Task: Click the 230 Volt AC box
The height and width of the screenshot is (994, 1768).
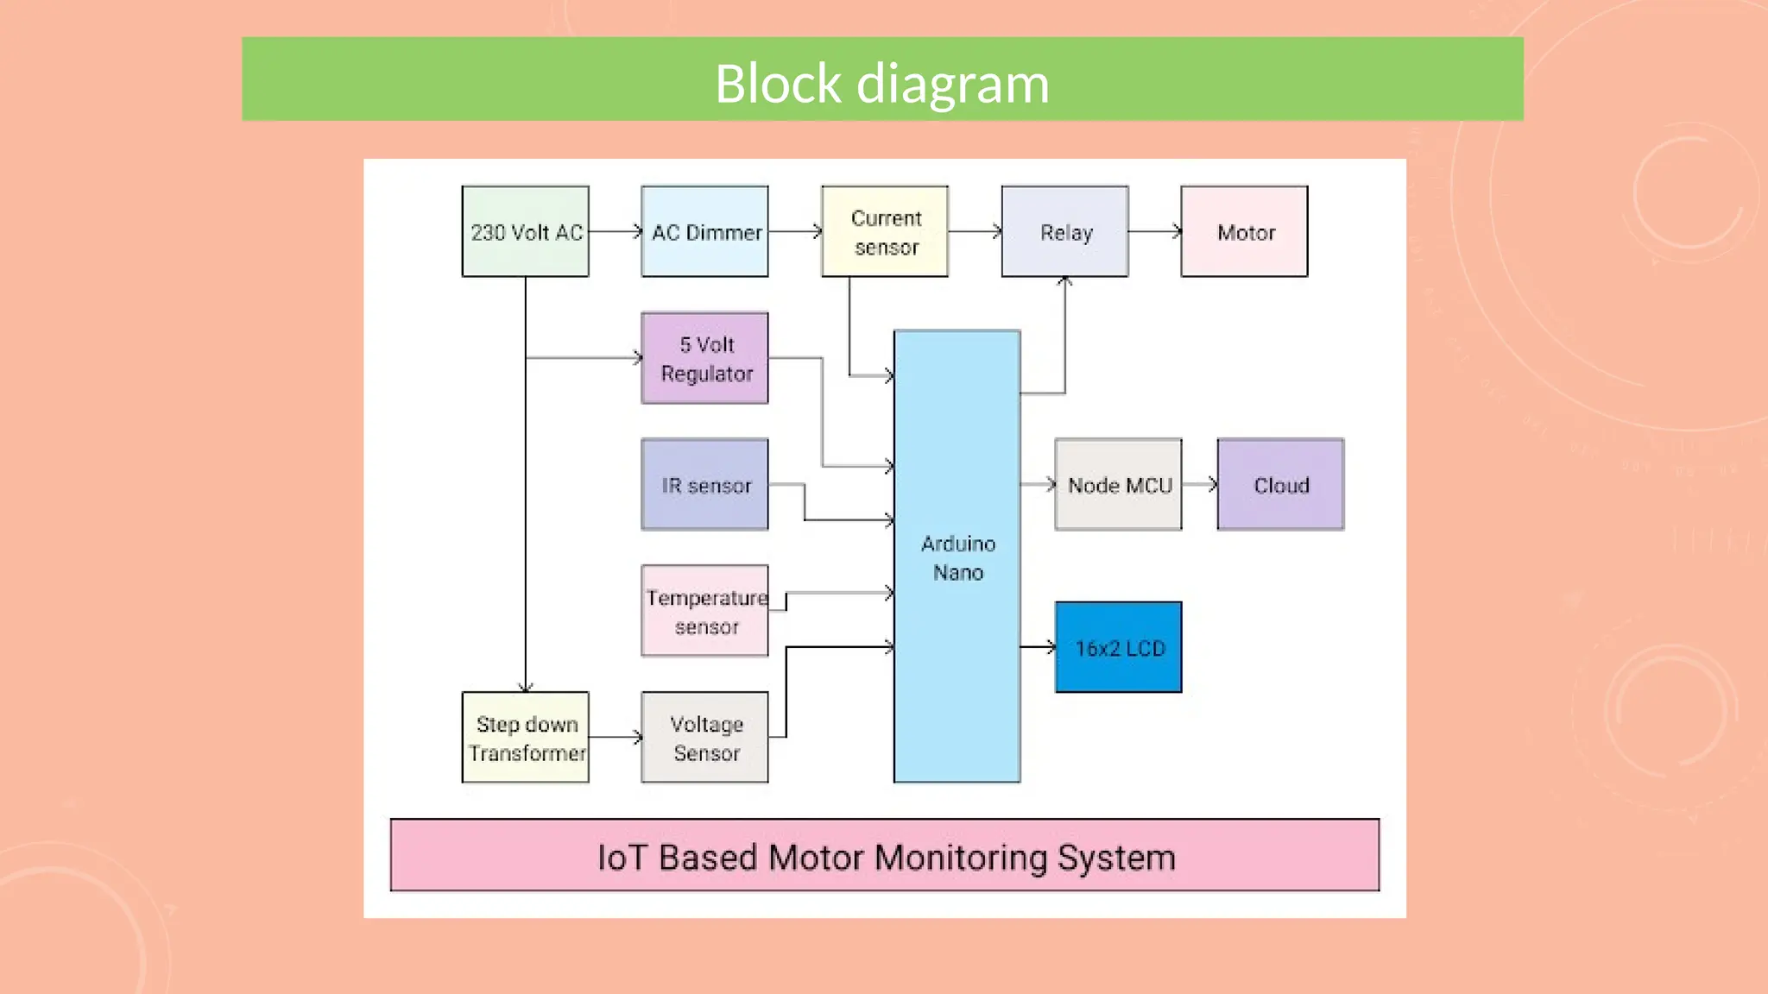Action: pyautogui.click(x=525, y=231)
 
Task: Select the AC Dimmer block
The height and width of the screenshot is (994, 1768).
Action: pyautogui.click(x=704, y=231)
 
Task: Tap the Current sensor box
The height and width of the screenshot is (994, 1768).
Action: pyautogui.click(x=885, y=231)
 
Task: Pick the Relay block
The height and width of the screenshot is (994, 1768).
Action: pyautogui.click(x=1064, y=231)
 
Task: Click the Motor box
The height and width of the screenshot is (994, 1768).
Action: pyautogui.click(x=1244, y=231)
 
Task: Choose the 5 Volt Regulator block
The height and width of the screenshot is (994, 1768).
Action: pyautogui.click(x=704, y=358)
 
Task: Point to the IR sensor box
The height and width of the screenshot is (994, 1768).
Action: pyautogui.click(x=704, y=484)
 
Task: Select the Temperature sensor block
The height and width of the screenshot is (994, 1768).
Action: pyautogui.click(x=704, y=611)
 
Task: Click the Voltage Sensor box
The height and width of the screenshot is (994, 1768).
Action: pyautogui.click(x=704, y=738)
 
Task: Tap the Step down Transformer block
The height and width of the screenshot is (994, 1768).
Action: pyautogui.click(x=525, y=738)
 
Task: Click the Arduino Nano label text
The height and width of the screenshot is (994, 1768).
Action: pyautogui.click(x=957, y=557)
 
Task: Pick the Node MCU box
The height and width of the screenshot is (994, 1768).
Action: pyautogui.click(x=1118, y=484)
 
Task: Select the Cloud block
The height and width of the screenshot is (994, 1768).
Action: pyautogui.click(x=1280, y=484)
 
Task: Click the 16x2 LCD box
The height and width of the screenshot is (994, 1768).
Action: pyautogui.click(x=1118, y=647)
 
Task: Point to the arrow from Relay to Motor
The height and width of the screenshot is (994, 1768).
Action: pyautogui.click(x=1154, y=231)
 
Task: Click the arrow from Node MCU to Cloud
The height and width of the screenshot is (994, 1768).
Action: pyautogui.click(x=1199, y=484)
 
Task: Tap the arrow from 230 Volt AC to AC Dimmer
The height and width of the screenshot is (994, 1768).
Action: pyautogui.click(x=615, y=231)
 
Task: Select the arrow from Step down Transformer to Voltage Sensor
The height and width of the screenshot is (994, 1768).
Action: pyautogui.click(x=615, y=737)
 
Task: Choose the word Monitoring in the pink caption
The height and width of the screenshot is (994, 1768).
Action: pyautogui.click(x=960, y=858)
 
